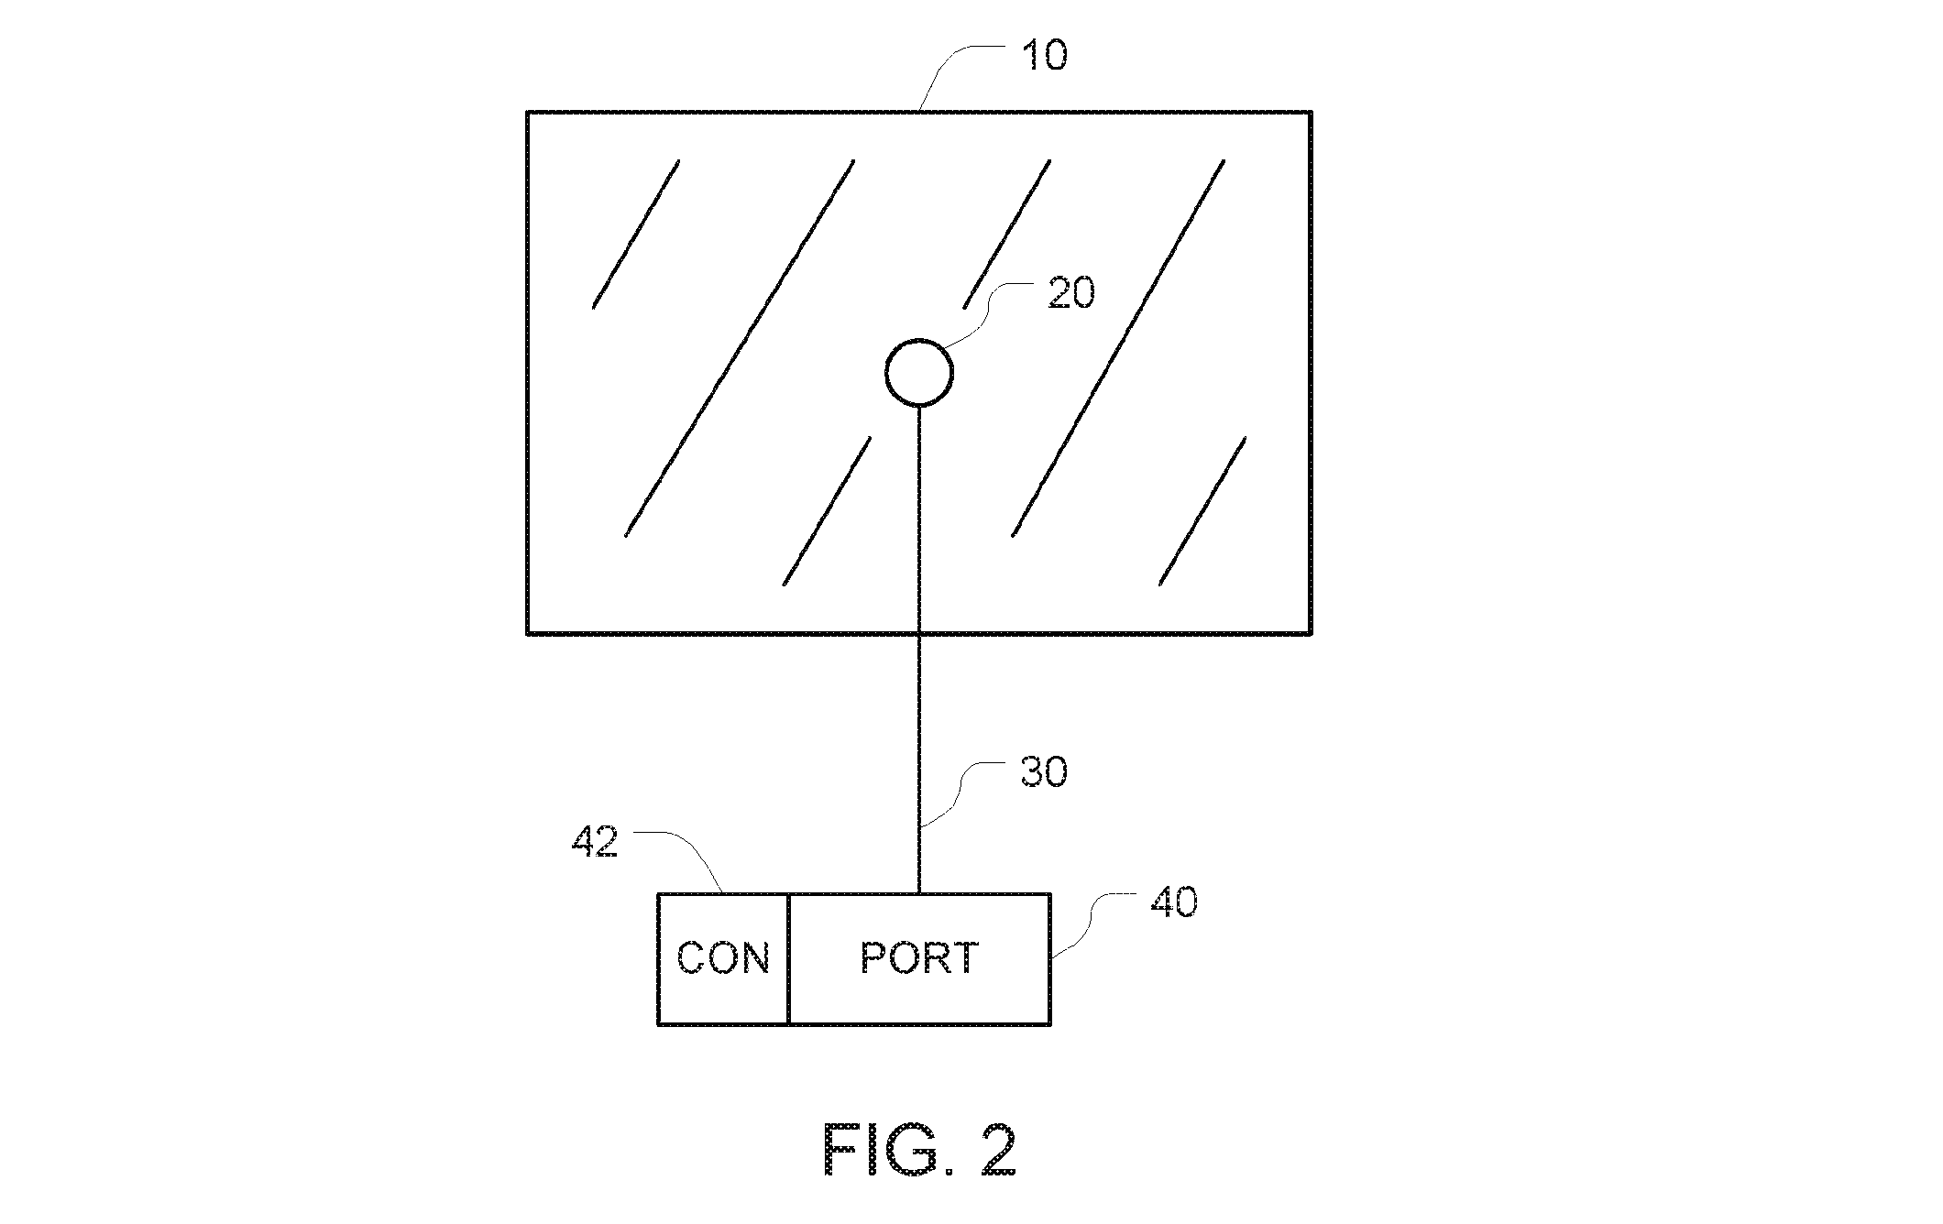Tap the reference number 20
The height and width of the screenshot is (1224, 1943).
click(x=1071, y=294)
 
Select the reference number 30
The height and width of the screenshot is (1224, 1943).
click(x=1043, y=772)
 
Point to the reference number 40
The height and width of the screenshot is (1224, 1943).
click(x=1174, y=902)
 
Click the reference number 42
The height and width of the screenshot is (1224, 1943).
click(x=595, y=841)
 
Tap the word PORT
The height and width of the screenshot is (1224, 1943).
click(x=919, y=958)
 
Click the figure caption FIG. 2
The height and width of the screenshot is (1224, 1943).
click(x=920, y=1150)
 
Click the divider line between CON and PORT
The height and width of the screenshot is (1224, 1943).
click(x=788, y=958)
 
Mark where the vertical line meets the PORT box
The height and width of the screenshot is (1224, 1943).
click(x=919, y=894)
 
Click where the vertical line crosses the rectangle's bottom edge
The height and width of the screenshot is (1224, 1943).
click(x=919, y=632)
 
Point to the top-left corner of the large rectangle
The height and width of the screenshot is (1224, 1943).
click(x=528, y=113)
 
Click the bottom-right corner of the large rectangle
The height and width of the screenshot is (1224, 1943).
click(x=1312, y=632)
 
